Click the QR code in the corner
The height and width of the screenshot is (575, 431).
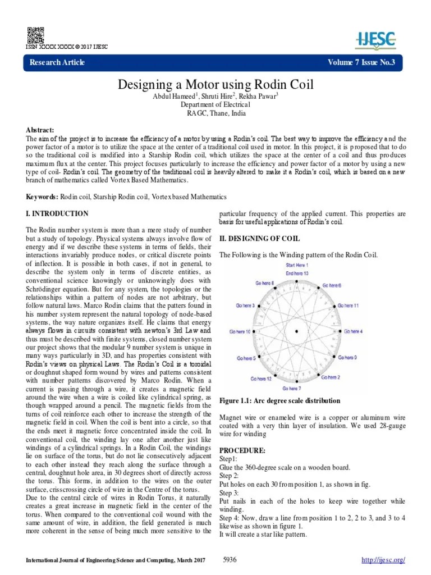(x=34, y=35)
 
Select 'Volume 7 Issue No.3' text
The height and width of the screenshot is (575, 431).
(x=361, y=62)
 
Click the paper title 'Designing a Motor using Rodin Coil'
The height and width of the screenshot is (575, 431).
(x=215, y=85)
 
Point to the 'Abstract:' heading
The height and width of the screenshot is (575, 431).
(x=42, y=129)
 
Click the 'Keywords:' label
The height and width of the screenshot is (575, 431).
(x=43, y=197)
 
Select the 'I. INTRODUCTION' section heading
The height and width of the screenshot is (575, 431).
(x=57, y=214)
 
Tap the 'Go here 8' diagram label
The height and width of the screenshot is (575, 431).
(x=265, y=284)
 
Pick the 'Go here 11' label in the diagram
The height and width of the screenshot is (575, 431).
(x=348, y=305)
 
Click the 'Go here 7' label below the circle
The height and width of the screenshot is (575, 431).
(x=292, y=388)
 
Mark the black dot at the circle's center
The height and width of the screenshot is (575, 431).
(x=297, y=332)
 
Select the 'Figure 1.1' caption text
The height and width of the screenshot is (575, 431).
(x=279, y=400)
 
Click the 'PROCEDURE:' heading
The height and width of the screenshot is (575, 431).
(x=242, y=451)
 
